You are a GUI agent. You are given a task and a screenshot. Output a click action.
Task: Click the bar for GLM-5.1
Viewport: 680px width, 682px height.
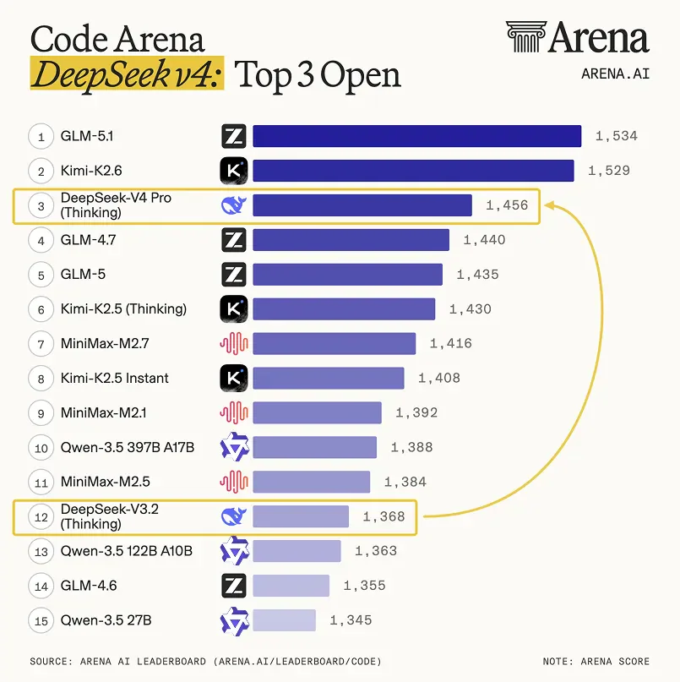pos(416,136)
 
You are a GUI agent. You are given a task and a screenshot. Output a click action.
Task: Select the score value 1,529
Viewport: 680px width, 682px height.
pos(608,171)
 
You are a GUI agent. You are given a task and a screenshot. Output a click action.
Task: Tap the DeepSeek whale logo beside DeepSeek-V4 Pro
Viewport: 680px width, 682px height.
pos(233,205)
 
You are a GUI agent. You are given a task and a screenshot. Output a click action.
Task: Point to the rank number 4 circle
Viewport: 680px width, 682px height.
pos(40,240)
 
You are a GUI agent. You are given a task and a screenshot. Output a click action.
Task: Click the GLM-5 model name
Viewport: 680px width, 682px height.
pos(83,275)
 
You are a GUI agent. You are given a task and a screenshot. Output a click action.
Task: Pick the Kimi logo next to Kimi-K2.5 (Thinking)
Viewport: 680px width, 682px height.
pos(233,309)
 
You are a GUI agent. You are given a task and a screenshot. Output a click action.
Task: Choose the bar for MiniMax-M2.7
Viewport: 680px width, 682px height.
pos(334,344)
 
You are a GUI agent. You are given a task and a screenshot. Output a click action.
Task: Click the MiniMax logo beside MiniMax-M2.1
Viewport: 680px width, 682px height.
pos(233,412)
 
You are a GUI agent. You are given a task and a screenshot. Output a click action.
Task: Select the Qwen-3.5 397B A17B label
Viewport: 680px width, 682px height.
pos(128,447)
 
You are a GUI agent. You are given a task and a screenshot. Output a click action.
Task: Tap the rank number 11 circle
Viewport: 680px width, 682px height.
pos(40,482)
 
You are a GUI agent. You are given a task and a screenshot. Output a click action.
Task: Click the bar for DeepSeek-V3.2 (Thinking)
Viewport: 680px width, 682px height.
pos(301,516)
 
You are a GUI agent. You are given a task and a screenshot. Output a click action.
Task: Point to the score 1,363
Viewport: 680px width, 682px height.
pos(376,551)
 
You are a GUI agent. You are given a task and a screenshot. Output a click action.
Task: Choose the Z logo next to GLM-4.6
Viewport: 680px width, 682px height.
pos(233,586)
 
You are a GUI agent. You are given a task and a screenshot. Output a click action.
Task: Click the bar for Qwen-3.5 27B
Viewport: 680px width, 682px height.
pos(284,620)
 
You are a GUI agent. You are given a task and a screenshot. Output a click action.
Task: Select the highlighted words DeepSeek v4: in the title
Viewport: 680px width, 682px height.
pos(128,75)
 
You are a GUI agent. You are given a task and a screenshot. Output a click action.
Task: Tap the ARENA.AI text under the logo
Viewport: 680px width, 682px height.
pos(615,74)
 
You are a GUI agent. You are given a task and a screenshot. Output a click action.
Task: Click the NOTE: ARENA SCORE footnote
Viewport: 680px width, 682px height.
pos(596,661)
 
